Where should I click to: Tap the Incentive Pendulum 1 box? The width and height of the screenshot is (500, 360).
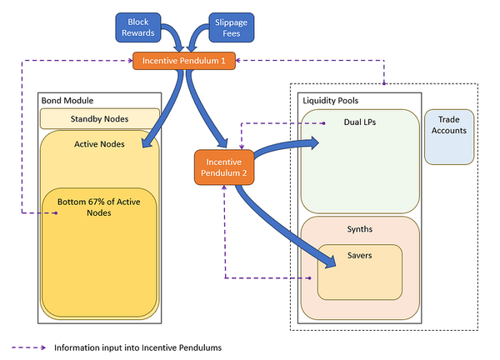(x=183, y=60)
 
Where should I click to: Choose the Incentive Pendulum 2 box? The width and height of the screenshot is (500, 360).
(x=223, y=167)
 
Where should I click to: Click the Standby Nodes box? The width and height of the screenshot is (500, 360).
(x=99, y=118)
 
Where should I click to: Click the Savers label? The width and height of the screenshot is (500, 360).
(x=358, y=254)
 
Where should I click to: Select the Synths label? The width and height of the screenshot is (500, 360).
(x=358, y=227)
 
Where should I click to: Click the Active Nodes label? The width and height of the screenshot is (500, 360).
(x=99, y=142)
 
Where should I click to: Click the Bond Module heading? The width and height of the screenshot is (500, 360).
(x=67, y=100)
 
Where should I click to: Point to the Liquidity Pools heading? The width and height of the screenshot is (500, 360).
(x=329, y=100)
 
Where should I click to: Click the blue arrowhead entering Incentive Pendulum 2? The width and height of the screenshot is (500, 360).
(x=222, y=143)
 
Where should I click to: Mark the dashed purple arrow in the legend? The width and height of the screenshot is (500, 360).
(x=29, y=347)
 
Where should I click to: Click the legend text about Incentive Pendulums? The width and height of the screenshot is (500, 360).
(x=137, y=347)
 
